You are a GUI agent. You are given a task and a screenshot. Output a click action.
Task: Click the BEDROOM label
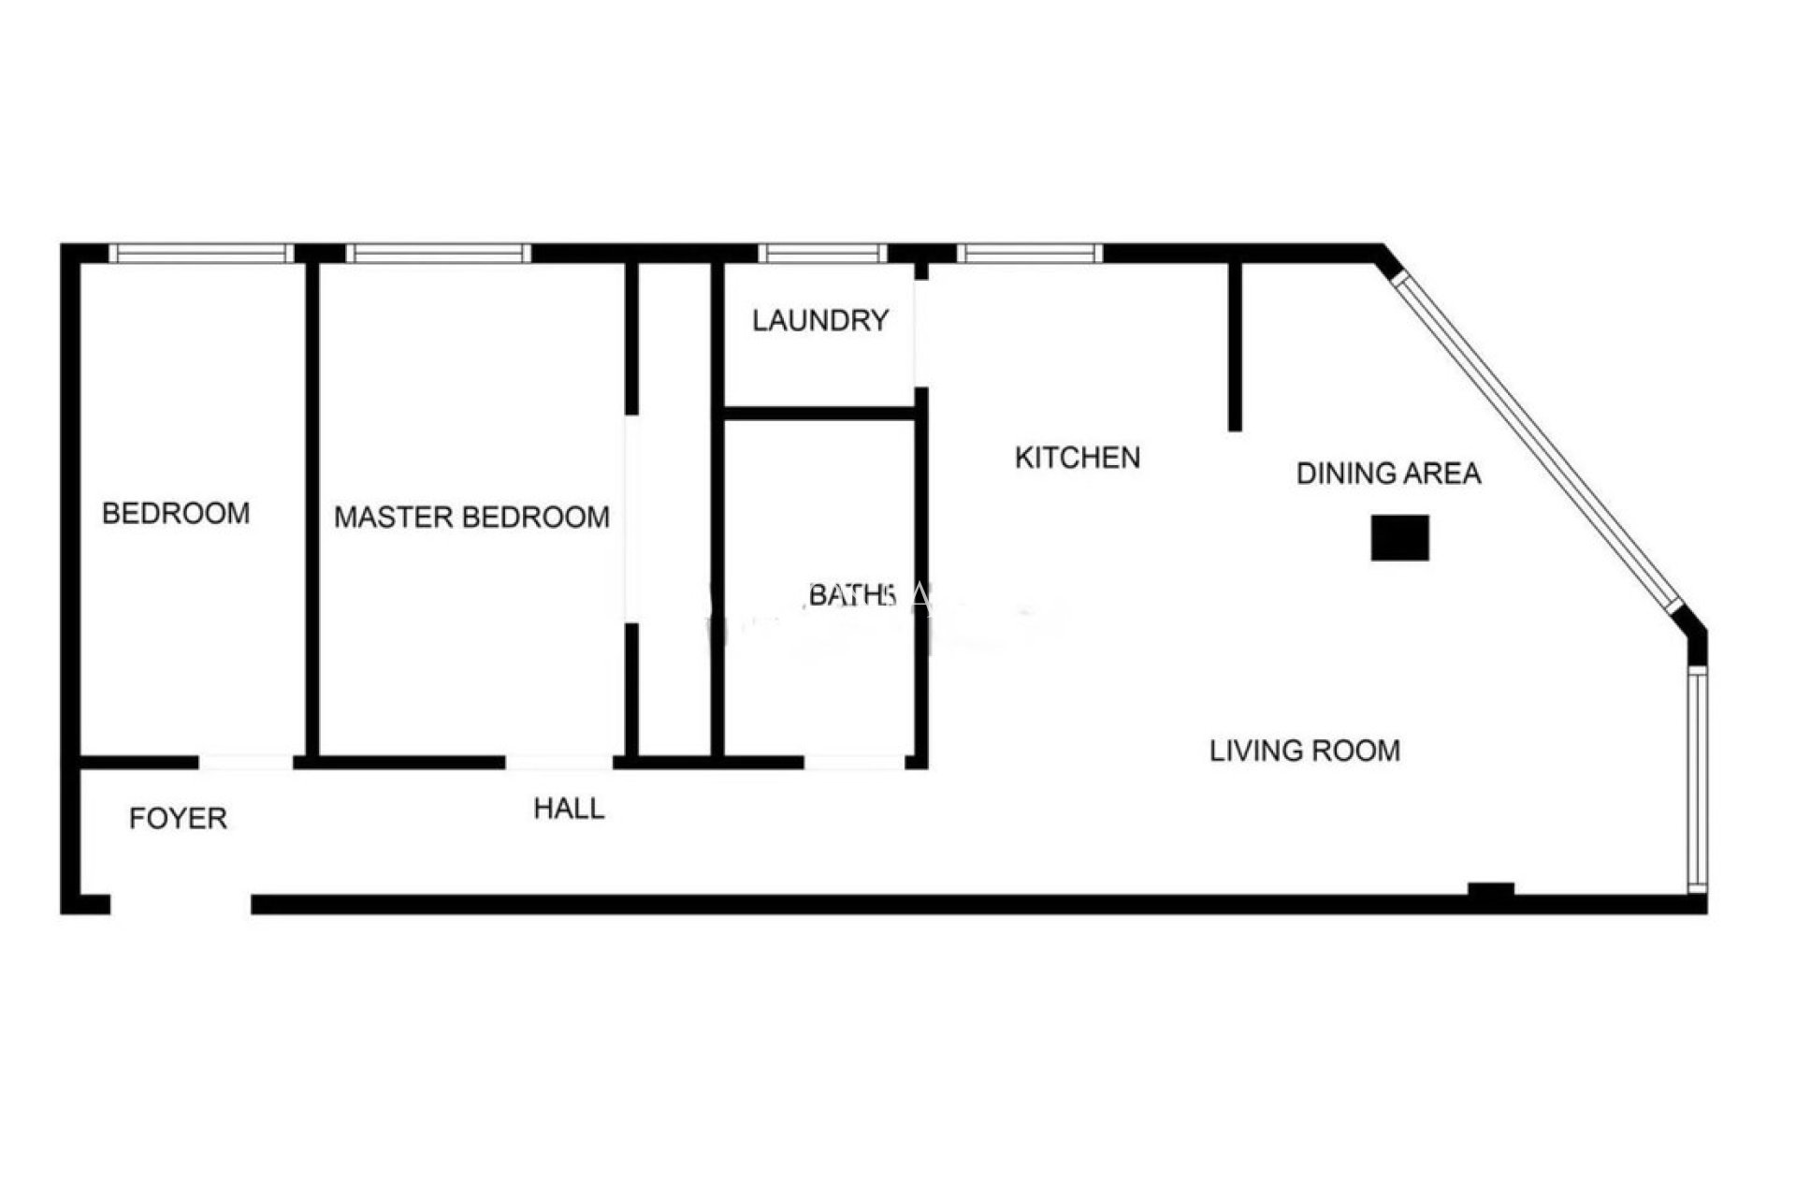click(176, 513)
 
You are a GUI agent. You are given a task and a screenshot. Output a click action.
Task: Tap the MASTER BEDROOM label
click(471, 517)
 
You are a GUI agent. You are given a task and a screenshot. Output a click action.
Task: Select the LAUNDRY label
click(819, 321)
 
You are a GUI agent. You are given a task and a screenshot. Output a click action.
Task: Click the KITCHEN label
click(1078, 458)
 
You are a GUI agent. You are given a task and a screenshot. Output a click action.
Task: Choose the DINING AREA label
click(1388, 474)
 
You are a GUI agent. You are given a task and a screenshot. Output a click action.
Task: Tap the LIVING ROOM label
click(1305, 751)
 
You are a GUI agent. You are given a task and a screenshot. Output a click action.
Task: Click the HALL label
click(569, 809)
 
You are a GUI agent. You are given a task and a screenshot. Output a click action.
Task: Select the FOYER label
click(178, 819)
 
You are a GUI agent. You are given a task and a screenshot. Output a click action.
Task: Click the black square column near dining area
click(1399, 538)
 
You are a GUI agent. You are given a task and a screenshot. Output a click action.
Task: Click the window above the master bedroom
click(439, 253)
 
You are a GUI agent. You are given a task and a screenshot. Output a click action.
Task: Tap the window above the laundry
click(822, 253)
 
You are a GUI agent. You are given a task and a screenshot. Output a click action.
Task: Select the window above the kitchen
click(1030, 253)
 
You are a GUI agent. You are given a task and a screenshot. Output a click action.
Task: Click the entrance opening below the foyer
click(181, 904)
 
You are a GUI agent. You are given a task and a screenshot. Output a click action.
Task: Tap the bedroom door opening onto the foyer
click(246, 762)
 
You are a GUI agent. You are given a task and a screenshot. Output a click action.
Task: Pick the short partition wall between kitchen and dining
click(1235, 347)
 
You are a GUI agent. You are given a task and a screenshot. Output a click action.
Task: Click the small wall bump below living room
click(1491, 890)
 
